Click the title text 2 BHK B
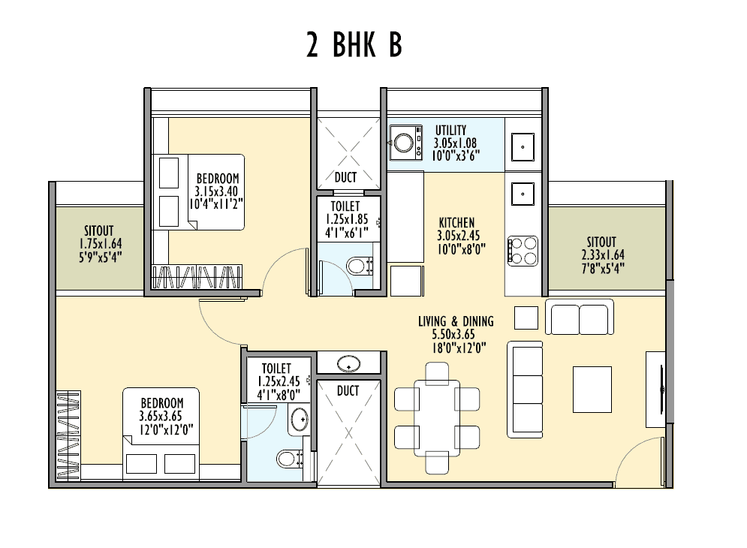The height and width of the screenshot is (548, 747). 354,46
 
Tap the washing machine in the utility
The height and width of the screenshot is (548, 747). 406,143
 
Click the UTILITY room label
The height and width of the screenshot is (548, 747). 450,131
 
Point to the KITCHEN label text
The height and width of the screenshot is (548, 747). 456,222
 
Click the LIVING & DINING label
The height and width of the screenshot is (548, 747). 456,321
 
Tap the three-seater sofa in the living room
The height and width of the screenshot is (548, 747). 525,390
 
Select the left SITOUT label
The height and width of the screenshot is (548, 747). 100,231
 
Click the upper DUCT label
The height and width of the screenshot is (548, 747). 345,178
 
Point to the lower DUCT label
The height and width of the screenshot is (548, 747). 348,391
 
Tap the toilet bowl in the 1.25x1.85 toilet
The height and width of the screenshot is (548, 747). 359,264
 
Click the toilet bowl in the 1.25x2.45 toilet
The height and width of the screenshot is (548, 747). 286,457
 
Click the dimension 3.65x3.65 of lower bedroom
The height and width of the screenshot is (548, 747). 161,416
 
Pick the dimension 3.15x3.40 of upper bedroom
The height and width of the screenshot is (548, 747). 217,191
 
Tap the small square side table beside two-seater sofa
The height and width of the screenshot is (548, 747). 526,317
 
